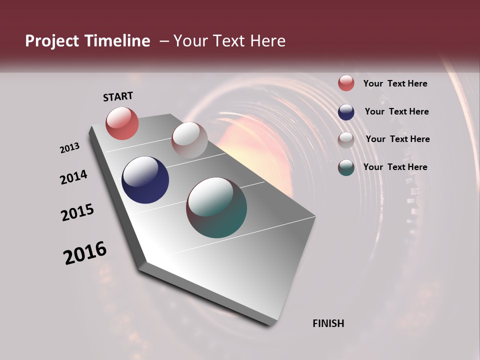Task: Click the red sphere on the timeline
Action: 122,123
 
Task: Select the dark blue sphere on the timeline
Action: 145,180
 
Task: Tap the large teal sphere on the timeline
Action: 216,207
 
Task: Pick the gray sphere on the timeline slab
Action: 189,140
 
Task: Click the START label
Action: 118,96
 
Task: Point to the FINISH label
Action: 328,323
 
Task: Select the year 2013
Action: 70,148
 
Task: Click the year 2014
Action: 73,177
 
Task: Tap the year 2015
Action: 77,212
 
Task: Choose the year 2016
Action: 85,253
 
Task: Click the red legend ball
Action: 346,83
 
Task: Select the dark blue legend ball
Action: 346,112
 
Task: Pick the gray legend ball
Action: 346,139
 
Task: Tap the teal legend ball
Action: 346,167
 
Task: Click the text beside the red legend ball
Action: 395,83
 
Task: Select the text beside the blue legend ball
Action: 396,111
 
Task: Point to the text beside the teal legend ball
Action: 395,167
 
